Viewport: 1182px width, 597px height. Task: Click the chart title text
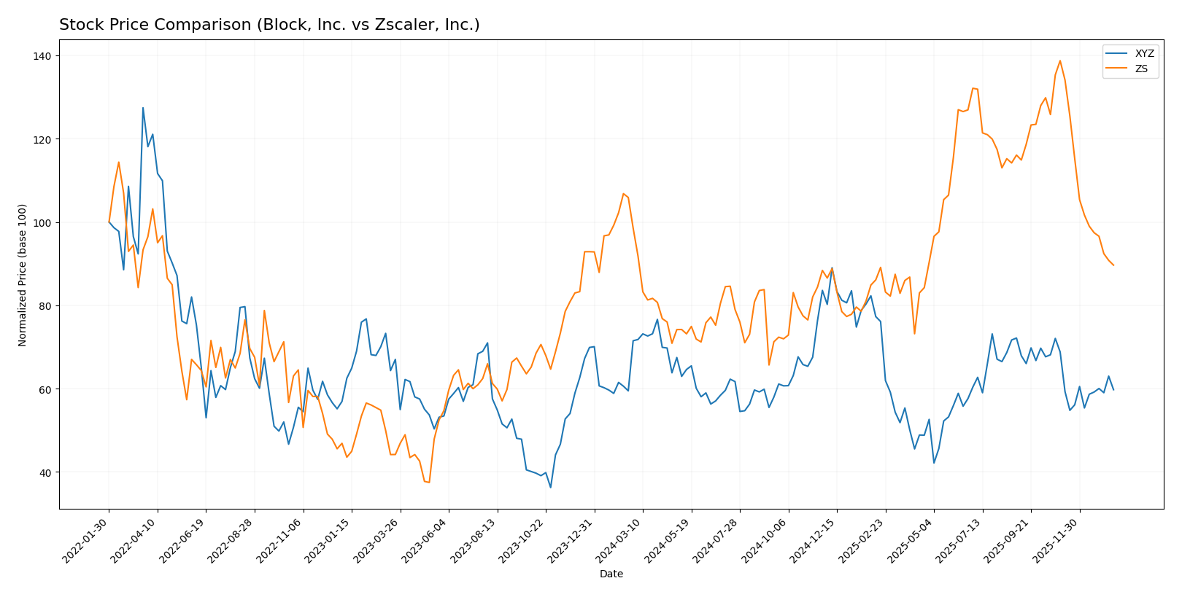point(269,26)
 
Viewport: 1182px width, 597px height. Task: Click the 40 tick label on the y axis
point(46,473)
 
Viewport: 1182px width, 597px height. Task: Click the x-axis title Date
point(611,574)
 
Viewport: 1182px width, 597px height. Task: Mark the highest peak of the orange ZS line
point(1059,61)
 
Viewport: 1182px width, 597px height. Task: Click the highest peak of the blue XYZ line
point(143,108)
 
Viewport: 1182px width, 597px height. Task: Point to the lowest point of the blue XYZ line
point(550,488)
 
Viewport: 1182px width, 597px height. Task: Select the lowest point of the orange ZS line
point(429,483)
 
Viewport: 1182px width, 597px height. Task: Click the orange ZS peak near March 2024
point(623,194)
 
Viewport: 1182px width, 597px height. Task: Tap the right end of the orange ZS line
point(1113,265)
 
